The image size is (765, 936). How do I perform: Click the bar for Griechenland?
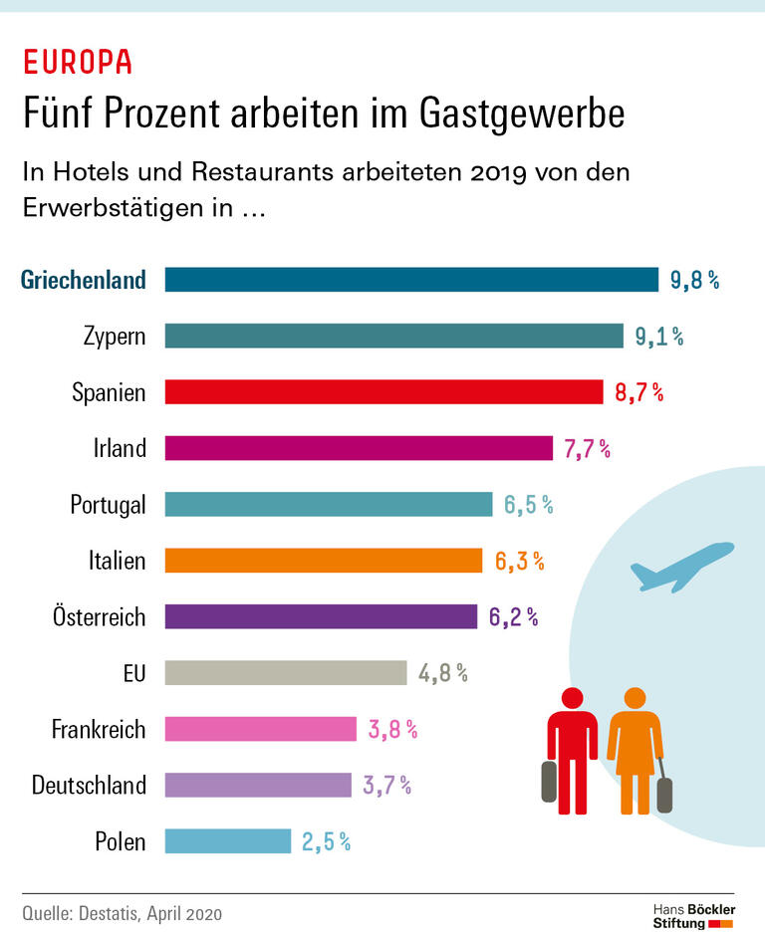[411, 279]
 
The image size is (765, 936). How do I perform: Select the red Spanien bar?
[383, 391]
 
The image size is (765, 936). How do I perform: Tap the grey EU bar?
[286, 673]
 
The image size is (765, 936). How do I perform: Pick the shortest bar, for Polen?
[227, 841]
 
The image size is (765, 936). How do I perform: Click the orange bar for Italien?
[324, 561]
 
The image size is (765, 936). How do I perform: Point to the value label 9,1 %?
[659, 336]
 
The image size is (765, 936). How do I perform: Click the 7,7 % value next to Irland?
[587, 448]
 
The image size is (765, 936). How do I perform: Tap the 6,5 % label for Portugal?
[527, 505]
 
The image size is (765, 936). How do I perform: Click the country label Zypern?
[115, 336]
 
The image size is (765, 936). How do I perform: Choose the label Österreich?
[99, 616]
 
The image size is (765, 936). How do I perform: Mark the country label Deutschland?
[89, 786]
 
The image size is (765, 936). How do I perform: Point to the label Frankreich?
[99, 730]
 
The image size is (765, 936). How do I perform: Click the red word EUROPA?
[78, 62]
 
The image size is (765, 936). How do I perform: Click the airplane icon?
[681, 565]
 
